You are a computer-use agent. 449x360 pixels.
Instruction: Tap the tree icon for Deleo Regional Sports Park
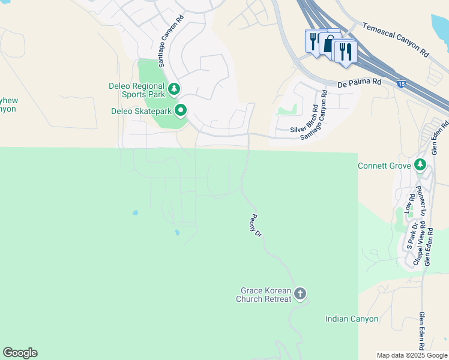point(174,89)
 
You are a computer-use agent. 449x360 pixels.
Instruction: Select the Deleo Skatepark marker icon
point(181,110)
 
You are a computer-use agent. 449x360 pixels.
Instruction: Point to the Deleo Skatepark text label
point(142,111)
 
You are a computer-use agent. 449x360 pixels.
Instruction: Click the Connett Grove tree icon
point(420,165)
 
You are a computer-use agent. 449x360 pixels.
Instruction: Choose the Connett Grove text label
point(384,166)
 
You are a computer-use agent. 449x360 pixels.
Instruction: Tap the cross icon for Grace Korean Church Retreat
point(300,294)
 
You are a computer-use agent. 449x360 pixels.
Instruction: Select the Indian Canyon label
point(352,319)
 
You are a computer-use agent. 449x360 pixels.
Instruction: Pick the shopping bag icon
point(328,43)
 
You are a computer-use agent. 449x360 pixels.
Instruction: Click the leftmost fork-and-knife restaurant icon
point(313,41)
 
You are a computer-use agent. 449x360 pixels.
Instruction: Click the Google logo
point(20,352)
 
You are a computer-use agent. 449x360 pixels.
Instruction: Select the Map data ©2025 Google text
point(411,355)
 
